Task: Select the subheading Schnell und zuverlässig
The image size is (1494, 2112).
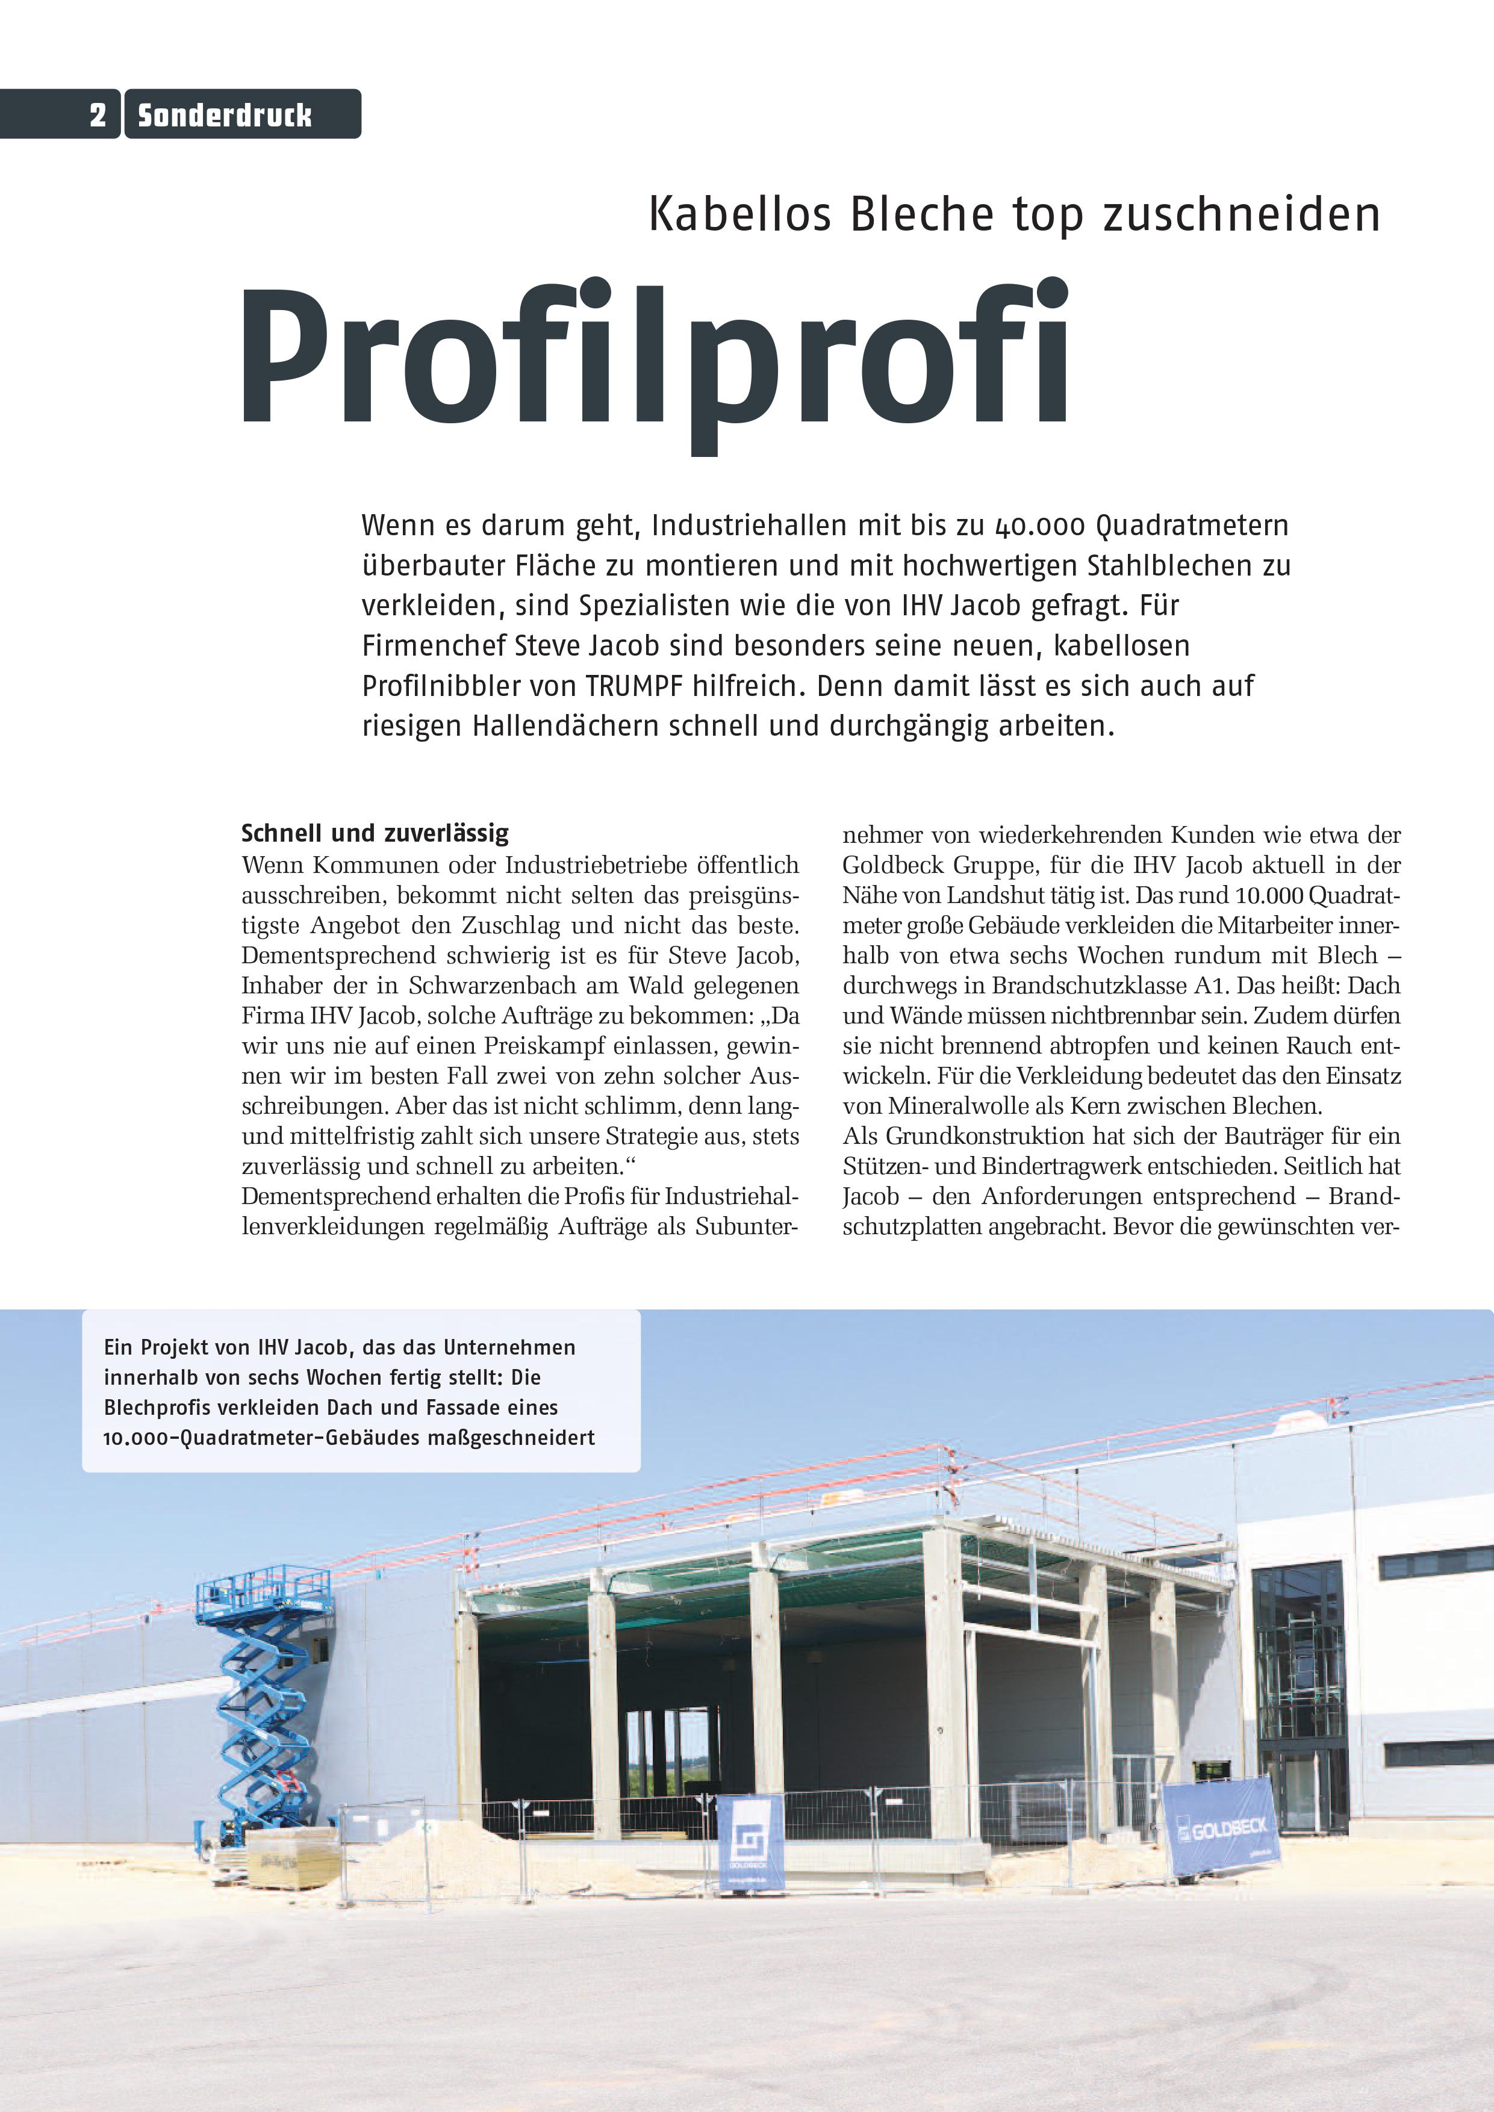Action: coord(375,833)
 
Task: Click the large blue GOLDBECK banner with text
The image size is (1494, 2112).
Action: coord(1221,1827)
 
